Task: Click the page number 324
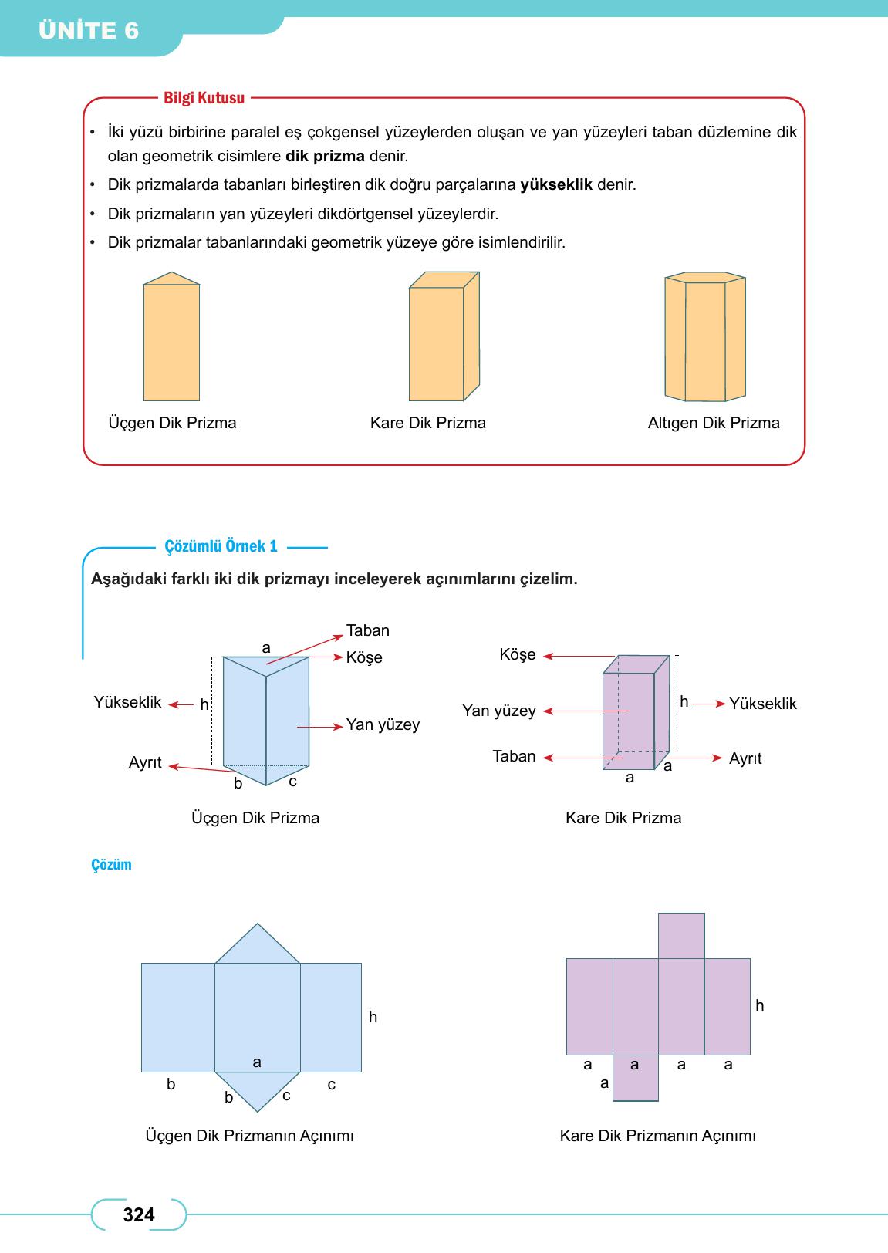(139, 1215)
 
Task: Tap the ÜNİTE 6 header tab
(89, 31)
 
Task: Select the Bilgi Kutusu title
(204, 98)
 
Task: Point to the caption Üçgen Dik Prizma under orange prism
(172, 423)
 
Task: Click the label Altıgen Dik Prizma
(714, 423)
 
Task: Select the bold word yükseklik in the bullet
(556, 185)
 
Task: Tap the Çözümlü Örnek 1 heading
(221, 547)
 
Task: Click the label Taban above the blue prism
(368, 630)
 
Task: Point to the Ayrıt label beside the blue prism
(145, 762)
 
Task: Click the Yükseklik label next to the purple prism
(762, 704)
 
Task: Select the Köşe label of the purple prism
(517, 655)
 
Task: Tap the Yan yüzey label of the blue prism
(383, 724)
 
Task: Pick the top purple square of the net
(681, 936)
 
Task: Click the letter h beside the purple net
(760, 1005)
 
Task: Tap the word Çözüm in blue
(111, 865)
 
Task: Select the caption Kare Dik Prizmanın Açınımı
(657, 1136)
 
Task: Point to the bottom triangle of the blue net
(258, 1088)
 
